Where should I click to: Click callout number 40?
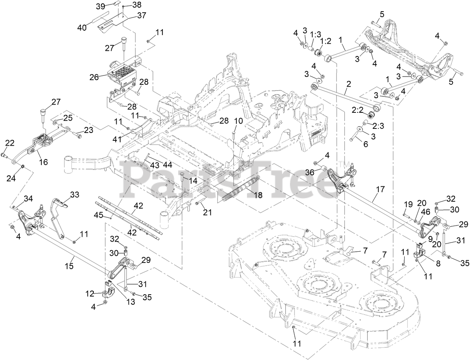pyautogui.click(x=82, y=27)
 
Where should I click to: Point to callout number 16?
pyautogui.click(x=43, y=162)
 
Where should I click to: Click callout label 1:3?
pyautogui.click(x=315, y=34)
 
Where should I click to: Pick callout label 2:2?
pyautogui.click(x=358, y=110)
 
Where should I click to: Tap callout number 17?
pyautogui.click(x=380, y=189)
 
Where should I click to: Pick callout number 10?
pyautogui.click(x=238, y=121)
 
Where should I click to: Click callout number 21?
pyautogui.click(x=207, y=212)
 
